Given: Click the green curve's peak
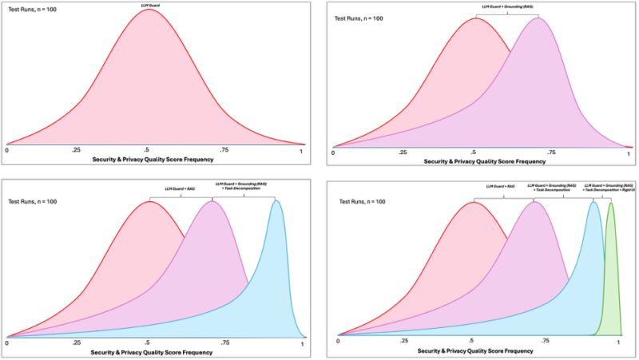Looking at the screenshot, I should coord(611,204).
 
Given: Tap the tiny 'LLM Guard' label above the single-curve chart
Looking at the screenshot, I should coord(149,6).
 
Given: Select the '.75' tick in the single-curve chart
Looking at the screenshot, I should coord(224,149).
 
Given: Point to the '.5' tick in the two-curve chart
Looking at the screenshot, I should coord(475,152).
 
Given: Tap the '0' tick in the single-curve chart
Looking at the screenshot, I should coord(7,149).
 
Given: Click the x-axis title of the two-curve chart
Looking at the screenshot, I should coord(478,161).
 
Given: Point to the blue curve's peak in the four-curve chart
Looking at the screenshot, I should coord(593,202).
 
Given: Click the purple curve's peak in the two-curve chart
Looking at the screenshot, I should coord(538,18).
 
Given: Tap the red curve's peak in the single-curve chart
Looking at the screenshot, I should coord(149,10).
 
